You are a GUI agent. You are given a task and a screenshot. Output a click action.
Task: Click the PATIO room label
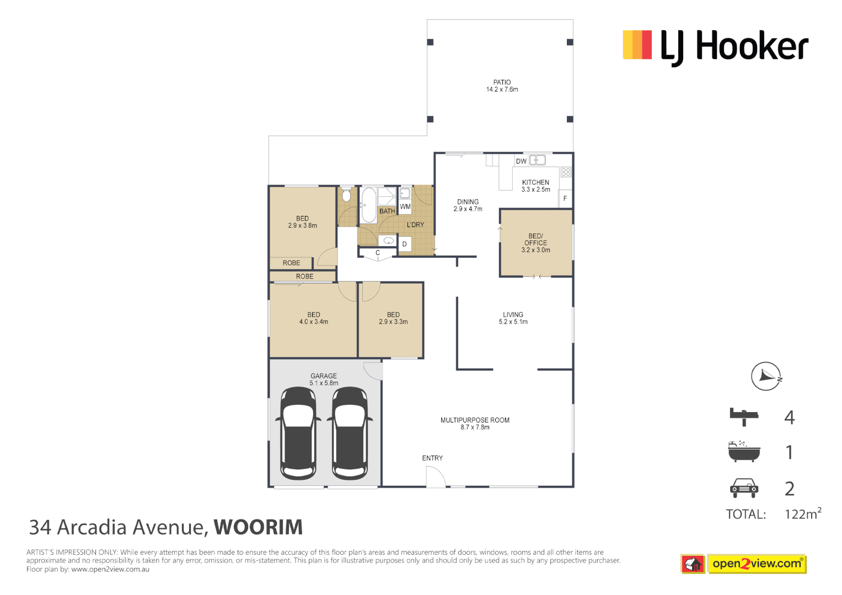tap(502, 83)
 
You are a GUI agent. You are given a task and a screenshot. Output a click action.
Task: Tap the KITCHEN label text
tap(535, 182)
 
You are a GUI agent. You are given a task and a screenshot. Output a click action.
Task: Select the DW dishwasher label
tap(521, 161)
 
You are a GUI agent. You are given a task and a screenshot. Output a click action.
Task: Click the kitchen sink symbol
tap(538, 160)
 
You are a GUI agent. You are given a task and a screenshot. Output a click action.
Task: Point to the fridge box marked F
tap(565, 199)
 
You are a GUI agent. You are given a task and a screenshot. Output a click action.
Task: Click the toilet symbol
tap(346, 195)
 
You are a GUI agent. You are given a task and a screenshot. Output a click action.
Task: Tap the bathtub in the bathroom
tap(368, 205)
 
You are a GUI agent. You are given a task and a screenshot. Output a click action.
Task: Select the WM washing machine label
tap(405, 207)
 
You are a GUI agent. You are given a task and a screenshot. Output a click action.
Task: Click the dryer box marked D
tap(405, 244)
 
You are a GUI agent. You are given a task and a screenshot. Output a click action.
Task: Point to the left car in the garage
tap(298, 433)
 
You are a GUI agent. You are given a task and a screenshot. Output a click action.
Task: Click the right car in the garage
tap(350, 433)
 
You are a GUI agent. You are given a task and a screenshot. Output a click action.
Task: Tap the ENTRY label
tap(432, 458)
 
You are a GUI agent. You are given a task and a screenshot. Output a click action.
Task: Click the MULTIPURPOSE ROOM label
tap(475, 420)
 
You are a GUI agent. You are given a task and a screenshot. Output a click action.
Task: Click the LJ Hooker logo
tap(715, 46)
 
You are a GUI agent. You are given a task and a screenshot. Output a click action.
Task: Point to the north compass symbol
tap(766, 376)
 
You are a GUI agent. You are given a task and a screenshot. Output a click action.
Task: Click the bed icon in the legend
tap(743, 416)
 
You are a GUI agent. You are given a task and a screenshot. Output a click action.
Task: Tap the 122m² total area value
tap(802, 514)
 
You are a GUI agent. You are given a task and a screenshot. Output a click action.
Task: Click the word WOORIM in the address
tap(258, 527)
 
